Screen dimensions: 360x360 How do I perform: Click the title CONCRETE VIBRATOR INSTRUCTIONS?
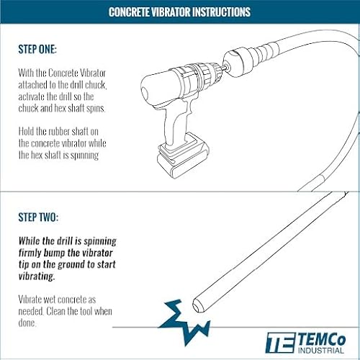click(179, 12)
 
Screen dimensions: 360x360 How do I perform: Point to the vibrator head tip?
click(202, 308)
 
